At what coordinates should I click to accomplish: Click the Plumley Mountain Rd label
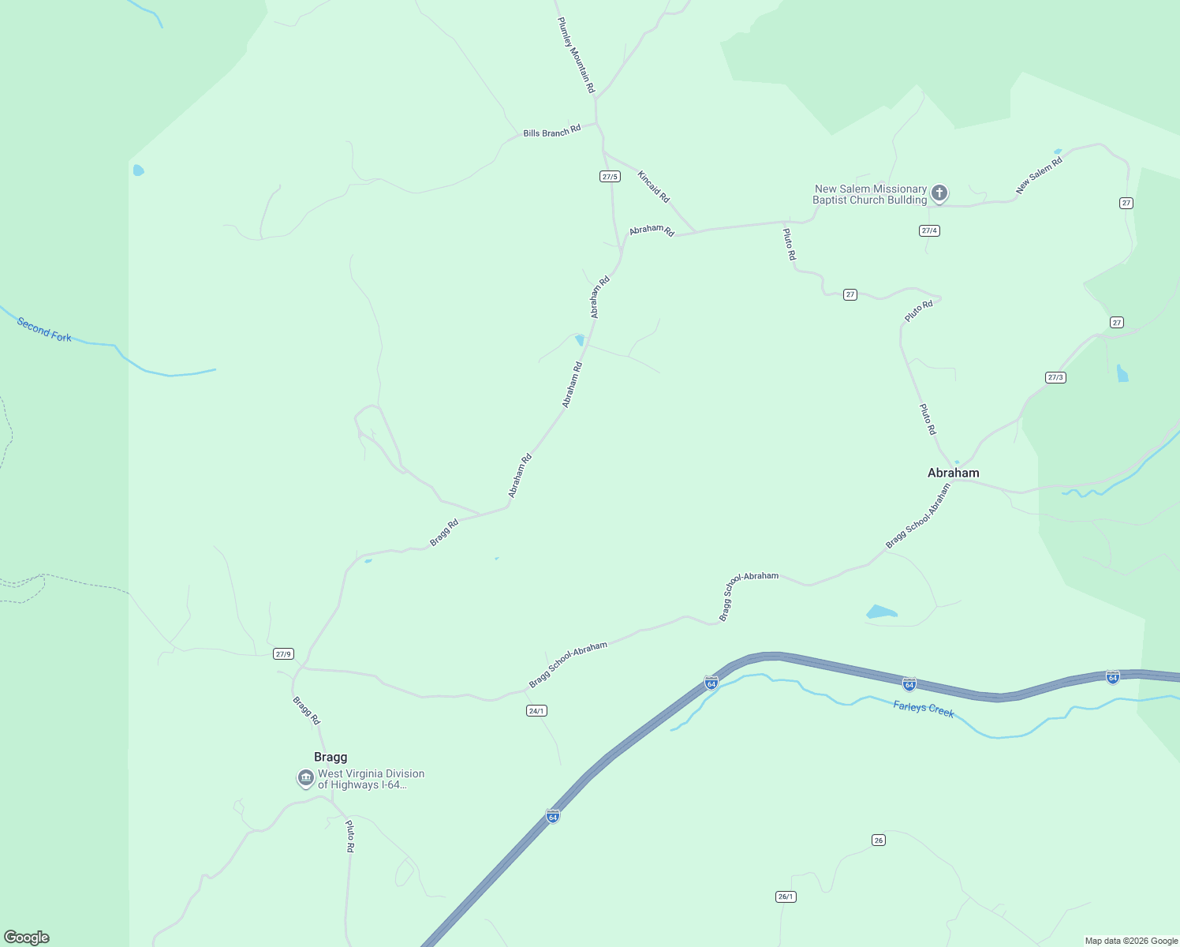[576, 55]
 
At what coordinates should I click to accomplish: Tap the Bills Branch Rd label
[551, 131]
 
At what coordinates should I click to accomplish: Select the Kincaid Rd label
[653, 186]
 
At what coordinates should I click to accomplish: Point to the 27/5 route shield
[610, 177]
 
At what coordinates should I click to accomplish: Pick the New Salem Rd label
[1039, 175]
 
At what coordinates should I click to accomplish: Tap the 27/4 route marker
[929, 230]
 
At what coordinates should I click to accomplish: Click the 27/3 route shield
[1055, 377]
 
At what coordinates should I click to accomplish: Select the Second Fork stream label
[44, 330]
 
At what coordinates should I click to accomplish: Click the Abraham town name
[953, 473]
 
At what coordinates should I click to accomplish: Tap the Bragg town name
[330, 757]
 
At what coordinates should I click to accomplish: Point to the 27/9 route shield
[283, 653]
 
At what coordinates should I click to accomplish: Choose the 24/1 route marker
[536, 711]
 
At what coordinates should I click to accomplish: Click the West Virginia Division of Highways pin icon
[305, 778]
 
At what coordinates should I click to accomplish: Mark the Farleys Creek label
[924, 709]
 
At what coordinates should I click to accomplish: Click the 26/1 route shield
[786, 896]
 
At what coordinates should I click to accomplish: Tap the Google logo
[27, 938]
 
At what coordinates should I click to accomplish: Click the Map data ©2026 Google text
[1131, 941]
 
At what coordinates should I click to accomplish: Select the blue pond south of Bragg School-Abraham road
[881, 612]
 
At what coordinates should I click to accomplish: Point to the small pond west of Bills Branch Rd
[139, 170]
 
